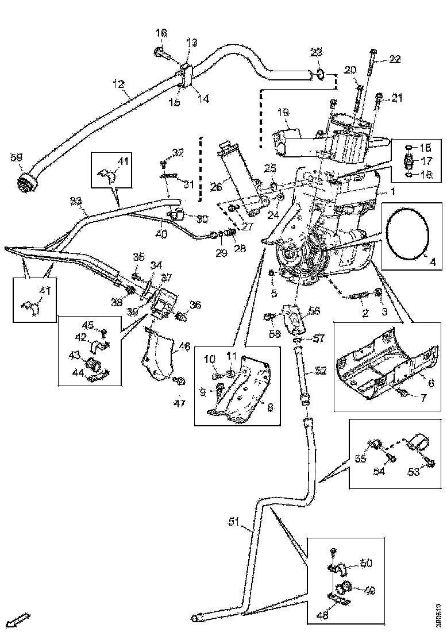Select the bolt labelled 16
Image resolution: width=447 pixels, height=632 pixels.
click(162, 53)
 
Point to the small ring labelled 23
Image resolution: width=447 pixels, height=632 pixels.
click(319, 74)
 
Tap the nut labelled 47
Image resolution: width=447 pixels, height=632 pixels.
click(179, 380)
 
